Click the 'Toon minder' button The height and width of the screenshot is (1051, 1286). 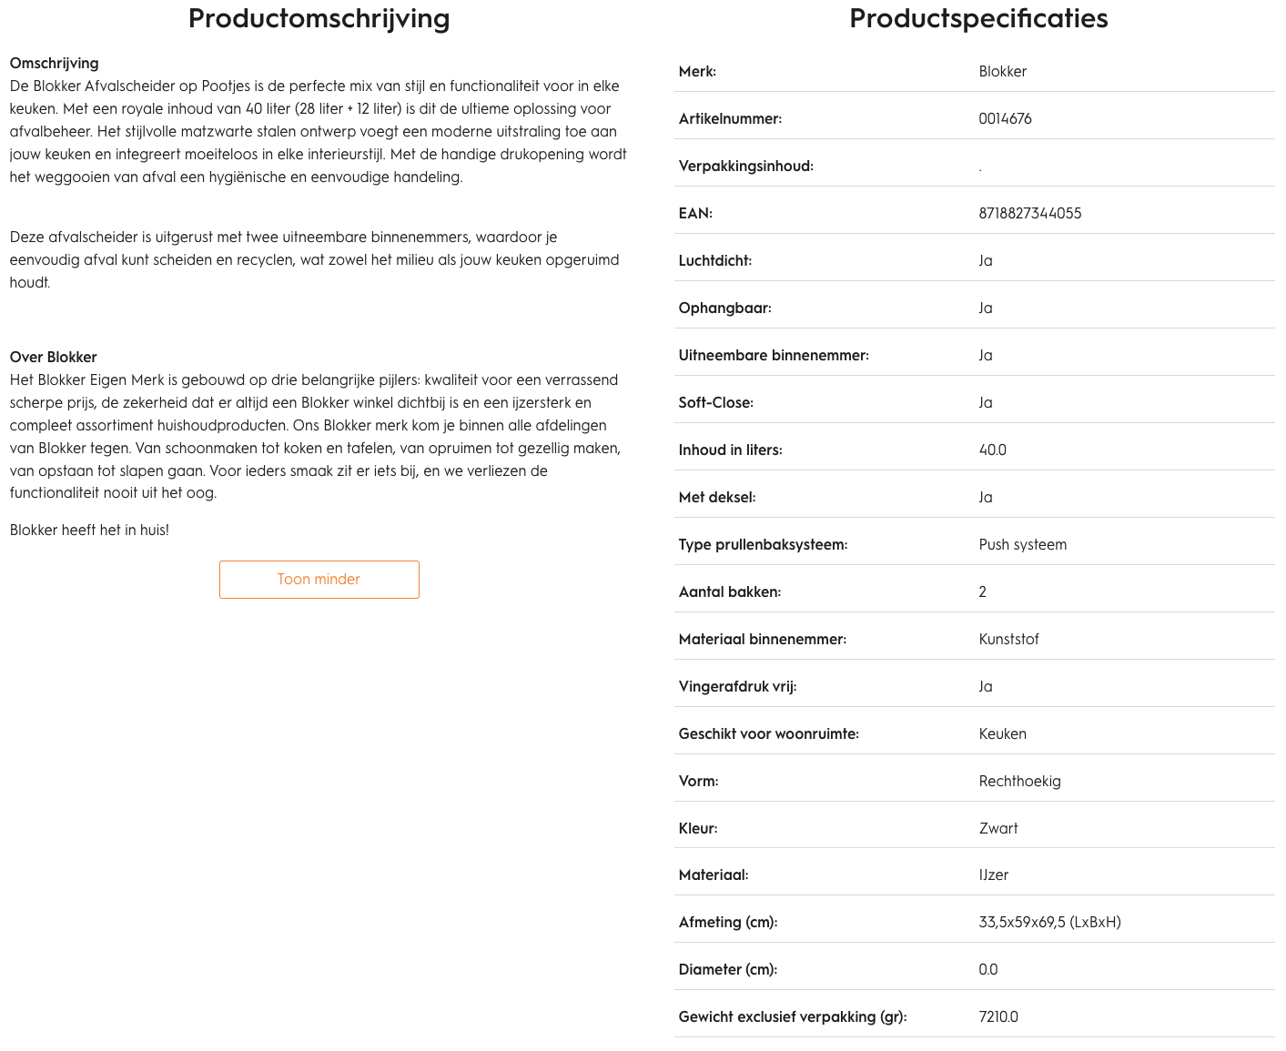319,580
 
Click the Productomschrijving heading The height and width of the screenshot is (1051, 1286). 319,18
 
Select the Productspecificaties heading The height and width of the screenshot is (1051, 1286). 978,18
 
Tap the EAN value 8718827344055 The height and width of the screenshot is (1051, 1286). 1030,214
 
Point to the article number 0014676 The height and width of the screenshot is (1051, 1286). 1005,119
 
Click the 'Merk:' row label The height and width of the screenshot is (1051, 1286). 697,72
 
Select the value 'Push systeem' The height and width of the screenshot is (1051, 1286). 1022,545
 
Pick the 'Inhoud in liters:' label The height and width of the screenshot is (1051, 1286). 730,450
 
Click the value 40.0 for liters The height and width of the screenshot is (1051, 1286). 992,450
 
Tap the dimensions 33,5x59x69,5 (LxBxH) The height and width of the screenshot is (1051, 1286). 1049,923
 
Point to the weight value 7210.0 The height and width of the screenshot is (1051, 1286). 998,1017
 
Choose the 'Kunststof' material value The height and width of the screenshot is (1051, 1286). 1008,640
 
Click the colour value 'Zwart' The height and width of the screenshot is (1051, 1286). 998,829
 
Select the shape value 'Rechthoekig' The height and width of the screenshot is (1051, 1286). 1019,782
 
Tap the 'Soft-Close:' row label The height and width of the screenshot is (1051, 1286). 715,403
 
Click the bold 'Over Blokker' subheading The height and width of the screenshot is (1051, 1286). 53,358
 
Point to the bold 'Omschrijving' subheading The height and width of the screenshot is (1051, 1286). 54,64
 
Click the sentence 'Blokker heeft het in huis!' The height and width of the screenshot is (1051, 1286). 89,531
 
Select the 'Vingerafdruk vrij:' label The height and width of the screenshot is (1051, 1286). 737,687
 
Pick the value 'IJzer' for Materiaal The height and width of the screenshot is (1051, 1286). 993,875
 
